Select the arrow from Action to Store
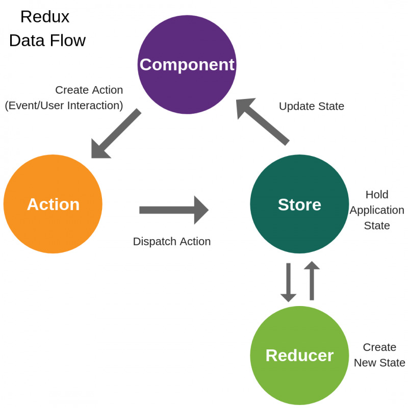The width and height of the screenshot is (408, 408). pos(173,210)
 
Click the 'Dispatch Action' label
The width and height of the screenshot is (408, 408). pos(172,242)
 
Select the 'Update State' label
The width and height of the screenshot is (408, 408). pos(312,107)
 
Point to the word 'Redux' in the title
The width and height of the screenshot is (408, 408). pos(45,17)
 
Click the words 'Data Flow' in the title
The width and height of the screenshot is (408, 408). pos(47,41)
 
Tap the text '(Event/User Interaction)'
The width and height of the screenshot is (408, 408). pos(64,106)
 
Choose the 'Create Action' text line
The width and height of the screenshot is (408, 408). pos(89,90)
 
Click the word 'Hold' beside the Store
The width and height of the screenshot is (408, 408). pos(377,195)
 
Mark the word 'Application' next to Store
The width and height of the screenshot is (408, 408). pos(377,210)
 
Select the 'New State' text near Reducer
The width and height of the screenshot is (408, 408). pos(379,363)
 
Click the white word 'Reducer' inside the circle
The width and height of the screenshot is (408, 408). pos(299,355)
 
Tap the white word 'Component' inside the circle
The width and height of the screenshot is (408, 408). pos(187,65)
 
